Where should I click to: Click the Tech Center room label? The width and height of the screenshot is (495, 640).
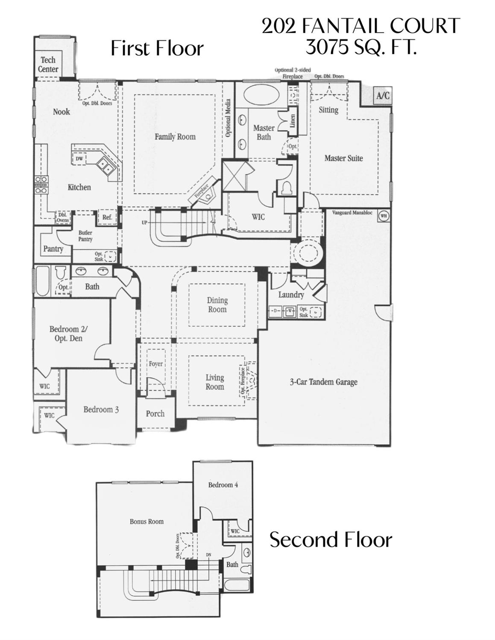click(48, 64)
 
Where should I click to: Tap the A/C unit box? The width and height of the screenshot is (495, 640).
click(383, 96)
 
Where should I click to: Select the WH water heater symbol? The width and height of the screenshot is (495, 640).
click(384, 216)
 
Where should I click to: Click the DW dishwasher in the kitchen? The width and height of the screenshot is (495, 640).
click(79, 159)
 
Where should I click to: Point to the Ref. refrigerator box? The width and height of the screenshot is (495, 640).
click(107, 217)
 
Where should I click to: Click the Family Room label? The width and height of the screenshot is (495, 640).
click(175, 137)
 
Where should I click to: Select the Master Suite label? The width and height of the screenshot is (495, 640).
click(343, 158)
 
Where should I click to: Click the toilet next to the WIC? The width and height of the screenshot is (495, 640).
click(286, 187)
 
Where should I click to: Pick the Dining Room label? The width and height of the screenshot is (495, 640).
click(217, 305)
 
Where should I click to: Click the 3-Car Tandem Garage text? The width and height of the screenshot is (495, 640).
click(324, 382)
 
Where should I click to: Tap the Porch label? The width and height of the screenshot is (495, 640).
click(155, 413)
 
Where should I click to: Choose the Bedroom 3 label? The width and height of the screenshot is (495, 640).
click(101, 409)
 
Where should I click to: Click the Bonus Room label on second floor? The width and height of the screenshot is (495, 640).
click(146, 521)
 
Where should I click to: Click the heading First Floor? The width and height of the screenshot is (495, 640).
click(157, 48)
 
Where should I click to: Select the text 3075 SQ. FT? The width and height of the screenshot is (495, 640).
click(361, 47)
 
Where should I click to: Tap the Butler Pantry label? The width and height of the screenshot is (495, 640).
click(85, 236)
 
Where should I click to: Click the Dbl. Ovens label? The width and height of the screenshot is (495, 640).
click(63, 218)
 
